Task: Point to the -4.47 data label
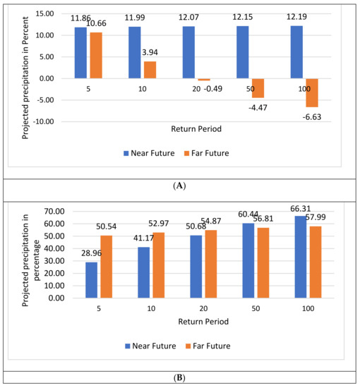coord(256,107)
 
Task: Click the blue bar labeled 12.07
coord(188,52)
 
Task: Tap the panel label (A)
coord(180,186)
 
